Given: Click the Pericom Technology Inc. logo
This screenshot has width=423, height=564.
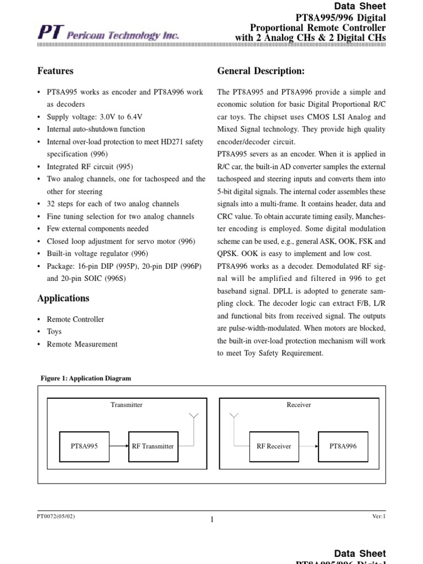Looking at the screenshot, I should [x=108, y=34].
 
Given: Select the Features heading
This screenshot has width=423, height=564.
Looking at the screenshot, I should [x=55, y=71].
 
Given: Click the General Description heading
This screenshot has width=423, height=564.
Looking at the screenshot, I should [x=261, y=71].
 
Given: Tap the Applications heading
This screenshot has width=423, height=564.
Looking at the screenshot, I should [x=63, y=299].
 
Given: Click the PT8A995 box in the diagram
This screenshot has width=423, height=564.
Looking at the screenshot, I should [x=84, y=446].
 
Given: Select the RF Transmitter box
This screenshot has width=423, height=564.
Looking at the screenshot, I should [x=153, y=446].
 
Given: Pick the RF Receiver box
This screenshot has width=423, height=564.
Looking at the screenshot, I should [x=274, y=446].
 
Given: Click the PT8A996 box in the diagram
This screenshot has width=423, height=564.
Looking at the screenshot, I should [x=343, y=446].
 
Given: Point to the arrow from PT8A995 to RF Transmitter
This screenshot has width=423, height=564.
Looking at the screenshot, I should [x=118, y=446].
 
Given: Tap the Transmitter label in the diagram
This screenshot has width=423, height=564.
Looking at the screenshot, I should [x=126, y=405].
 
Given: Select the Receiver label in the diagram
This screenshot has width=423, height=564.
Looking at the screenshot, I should [x=299, y=405].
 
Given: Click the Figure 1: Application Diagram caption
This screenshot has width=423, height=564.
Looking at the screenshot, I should [x=86, y=378].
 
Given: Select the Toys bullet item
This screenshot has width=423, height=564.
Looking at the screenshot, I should [x=54, y=332].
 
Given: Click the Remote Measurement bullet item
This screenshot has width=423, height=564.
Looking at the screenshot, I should [x=82, y=344].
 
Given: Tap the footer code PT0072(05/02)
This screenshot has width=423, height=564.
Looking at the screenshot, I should [x=56, y=516].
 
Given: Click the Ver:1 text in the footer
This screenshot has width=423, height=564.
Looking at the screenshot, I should [x=379, y=516].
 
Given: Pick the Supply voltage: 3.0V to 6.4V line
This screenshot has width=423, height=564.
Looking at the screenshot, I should [x=94, y=117].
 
